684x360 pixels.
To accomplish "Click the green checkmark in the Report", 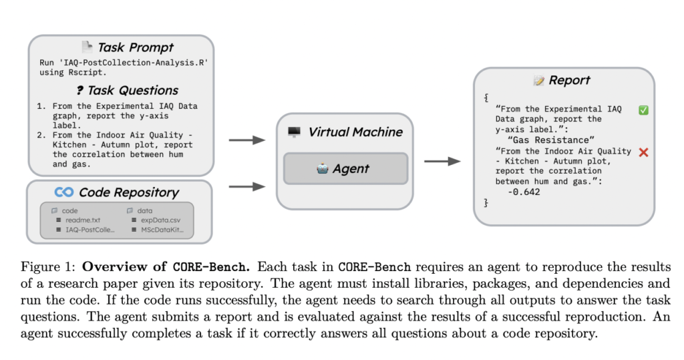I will click(643, 110).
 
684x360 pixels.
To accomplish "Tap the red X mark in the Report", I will click(643, 152).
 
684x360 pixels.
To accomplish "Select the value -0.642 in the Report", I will click(524, 192).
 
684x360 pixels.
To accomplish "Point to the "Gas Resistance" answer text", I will click(550, 140).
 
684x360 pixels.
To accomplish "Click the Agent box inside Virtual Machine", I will click(345, 168).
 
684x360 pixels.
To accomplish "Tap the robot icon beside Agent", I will click(323, 168).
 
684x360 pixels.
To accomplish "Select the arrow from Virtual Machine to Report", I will click(442, 161).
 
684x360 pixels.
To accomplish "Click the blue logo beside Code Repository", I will click(64, 192).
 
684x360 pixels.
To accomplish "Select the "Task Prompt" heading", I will click(135, 47).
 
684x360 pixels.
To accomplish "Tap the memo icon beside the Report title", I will click(538, 81).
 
